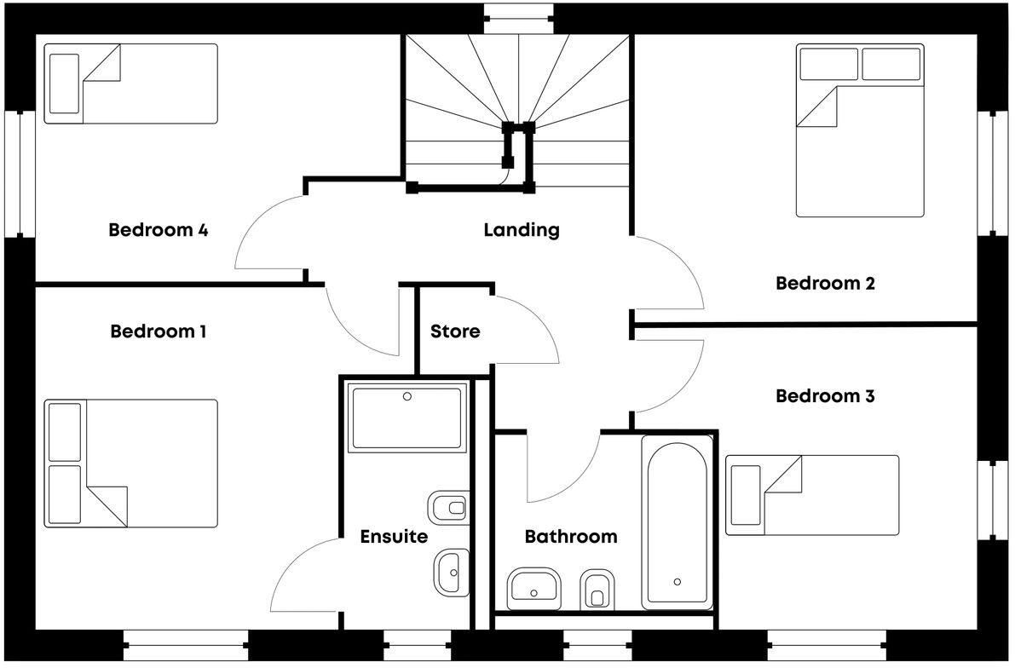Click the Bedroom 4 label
(x=159, y=230)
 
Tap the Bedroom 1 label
(x=159, y=331)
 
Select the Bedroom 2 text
(x=825, y=284)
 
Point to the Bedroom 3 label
(x=825, y=396)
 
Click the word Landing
(x=522, y=230)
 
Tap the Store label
(x=455, y=331)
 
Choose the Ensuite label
(x=394, y=537)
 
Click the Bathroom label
(x=570, y=537)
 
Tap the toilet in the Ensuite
(x=450, y=509)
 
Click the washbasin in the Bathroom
(x=533, y=586)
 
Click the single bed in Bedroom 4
(x=130, y=83)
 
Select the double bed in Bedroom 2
(x=860, y=130)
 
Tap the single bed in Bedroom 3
(x=811, y=495)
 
